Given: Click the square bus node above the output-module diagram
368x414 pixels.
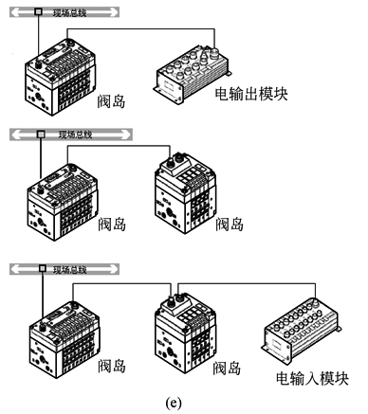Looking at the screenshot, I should [x=38, y=14].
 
